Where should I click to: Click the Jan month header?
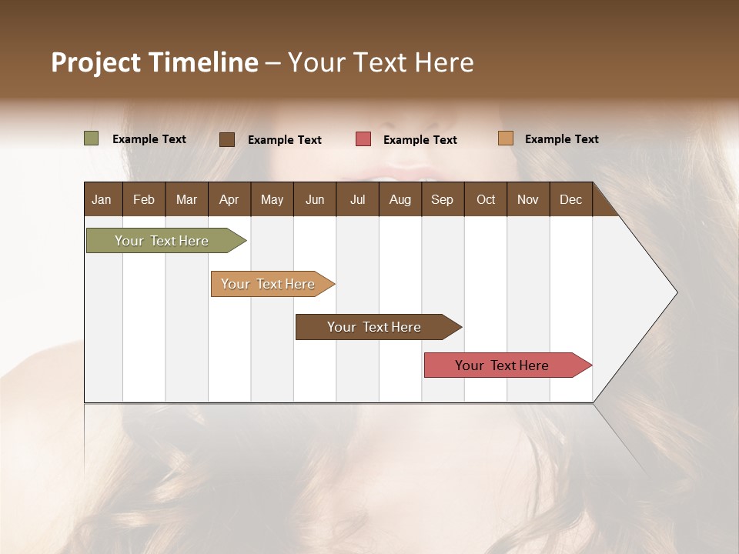click(x=102, y=199)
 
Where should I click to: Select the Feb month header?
click(x=144, y=199)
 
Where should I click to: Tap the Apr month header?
click(x=229, y=199)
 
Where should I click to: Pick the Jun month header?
click(x=315, y=199)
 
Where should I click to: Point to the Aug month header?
click(x=400, y=199)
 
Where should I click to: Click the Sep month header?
click(x=442, y=199)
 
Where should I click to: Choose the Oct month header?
click(x=486, y=199)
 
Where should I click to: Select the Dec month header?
click(x=570, y=199)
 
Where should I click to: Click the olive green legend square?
click(x=92, y=138)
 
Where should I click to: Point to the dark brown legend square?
click(x=227, y=139)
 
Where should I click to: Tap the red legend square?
click(x=363, y=139)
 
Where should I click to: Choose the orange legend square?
click(x=505, y=138)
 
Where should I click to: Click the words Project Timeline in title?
click(x=155, y=62)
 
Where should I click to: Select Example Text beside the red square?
click(x=420, y=140)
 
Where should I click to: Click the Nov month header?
click(x=527, y=199)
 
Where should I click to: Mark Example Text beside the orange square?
click(x=562, y=139)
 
